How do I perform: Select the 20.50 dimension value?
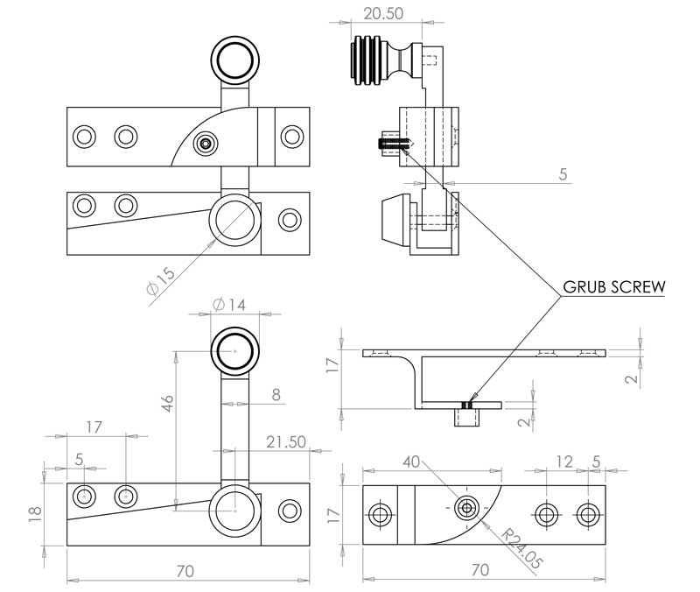(385, 15)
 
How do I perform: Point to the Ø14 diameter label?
(231, 306)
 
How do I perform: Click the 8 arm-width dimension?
(276, 395)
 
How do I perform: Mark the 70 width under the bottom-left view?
(185, 571)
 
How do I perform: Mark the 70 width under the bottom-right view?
(479, 570)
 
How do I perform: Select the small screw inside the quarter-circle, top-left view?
(206, 142)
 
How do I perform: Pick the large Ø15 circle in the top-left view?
(234, 215)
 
